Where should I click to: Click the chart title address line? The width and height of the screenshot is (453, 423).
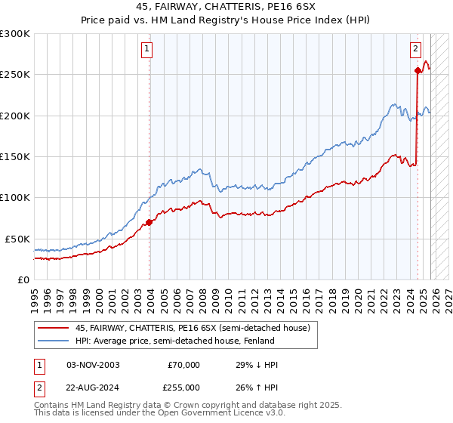click(x=226, y=7)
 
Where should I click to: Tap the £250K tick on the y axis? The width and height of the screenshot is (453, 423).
click(x=15, y=75)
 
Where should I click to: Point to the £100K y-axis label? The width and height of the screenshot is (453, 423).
click(x=15, y=197)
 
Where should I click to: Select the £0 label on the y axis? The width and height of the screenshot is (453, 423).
click(x=23, y=279)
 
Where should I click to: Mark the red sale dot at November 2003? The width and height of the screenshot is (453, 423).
click(x=149, y=222)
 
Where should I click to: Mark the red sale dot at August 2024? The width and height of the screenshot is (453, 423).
click(x=418, y=71)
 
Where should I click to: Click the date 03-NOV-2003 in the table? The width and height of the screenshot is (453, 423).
click(x=93, y=365)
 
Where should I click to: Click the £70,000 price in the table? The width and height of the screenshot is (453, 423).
click(x=184, y=365)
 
